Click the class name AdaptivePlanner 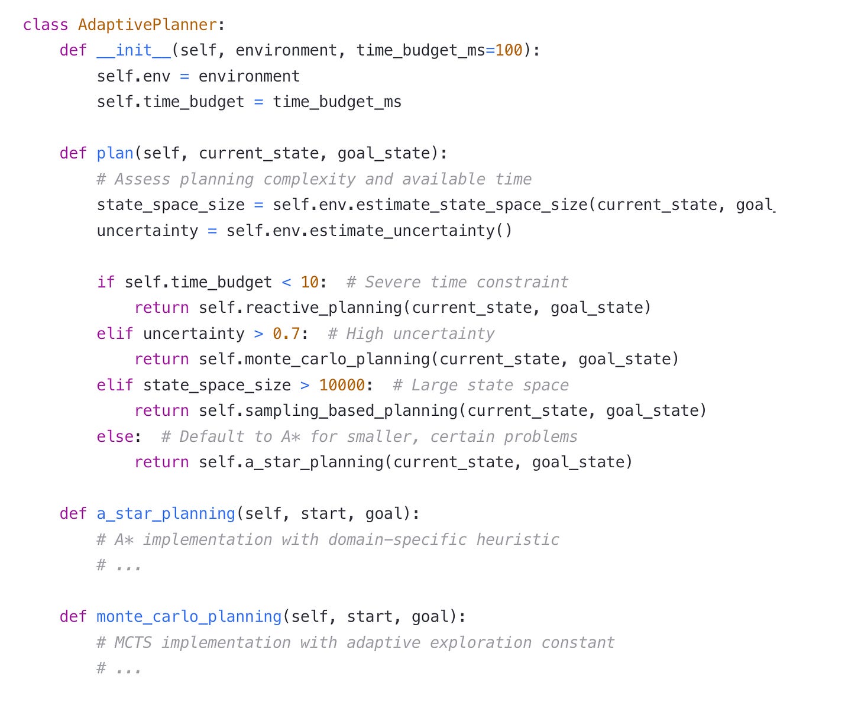click(x=148, y=25)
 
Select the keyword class click(x=46, y=25)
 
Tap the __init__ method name click(x=134, y=50)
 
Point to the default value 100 click(x=509, y=50)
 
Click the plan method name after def click(x=115, y=153)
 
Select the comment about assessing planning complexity click(x=314, y=179)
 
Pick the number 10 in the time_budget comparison click(x=310, y=282)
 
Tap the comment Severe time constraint click(x=457, y=282)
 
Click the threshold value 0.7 click(x=286, y=334)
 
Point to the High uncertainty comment click(x=411, y=334)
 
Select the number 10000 click(x=342, y=385)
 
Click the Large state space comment click(x=480, y=385)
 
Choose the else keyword click(x=115, y=436)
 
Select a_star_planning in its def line click(x=166, y=513)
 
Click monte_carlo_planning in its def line click(x=189, y=616)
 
